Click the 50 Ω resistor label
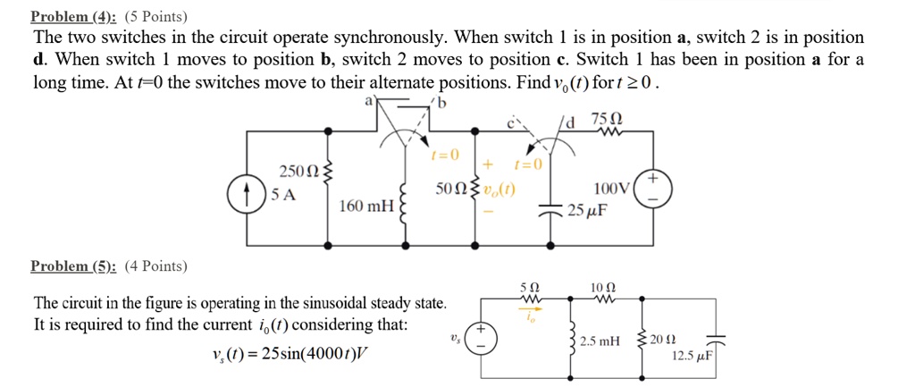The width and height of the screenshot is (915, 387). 450,189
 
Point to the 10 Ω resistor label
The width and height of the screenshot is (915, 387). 600,286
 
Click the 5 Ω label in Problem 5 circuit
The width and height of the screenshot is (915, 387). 528,286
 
